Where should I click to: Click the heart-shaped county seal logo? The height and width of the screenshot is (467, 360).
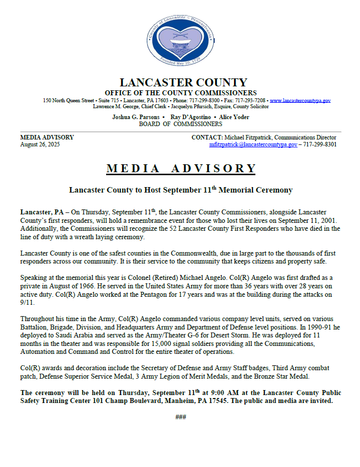pos(180,41)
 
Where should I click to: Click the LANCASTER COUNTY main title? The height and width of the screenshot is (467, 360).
pos(183,82)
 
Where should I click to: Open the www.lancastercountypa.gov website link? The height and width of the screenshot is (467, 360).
pos(300,100)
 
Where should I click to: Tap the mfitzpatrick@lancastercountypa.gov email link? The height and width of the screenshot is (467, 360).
pos(253,144)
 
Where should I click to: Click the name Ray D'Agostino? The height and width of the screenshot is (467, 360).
pos(188,117)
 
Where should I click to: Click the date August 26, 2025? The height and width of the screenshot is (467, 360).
pos(40,144)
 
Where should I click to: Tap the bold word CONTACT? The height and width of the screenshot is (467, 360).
pos(207,137)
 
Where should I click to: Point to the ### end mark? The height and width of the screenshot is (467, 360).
pos(180,417)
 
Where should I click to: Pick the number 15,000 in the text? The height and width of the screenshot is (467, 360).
pos(156,343)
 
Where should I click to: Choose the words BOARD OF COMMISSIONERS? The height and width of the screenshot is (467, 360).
pos(180,124)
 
